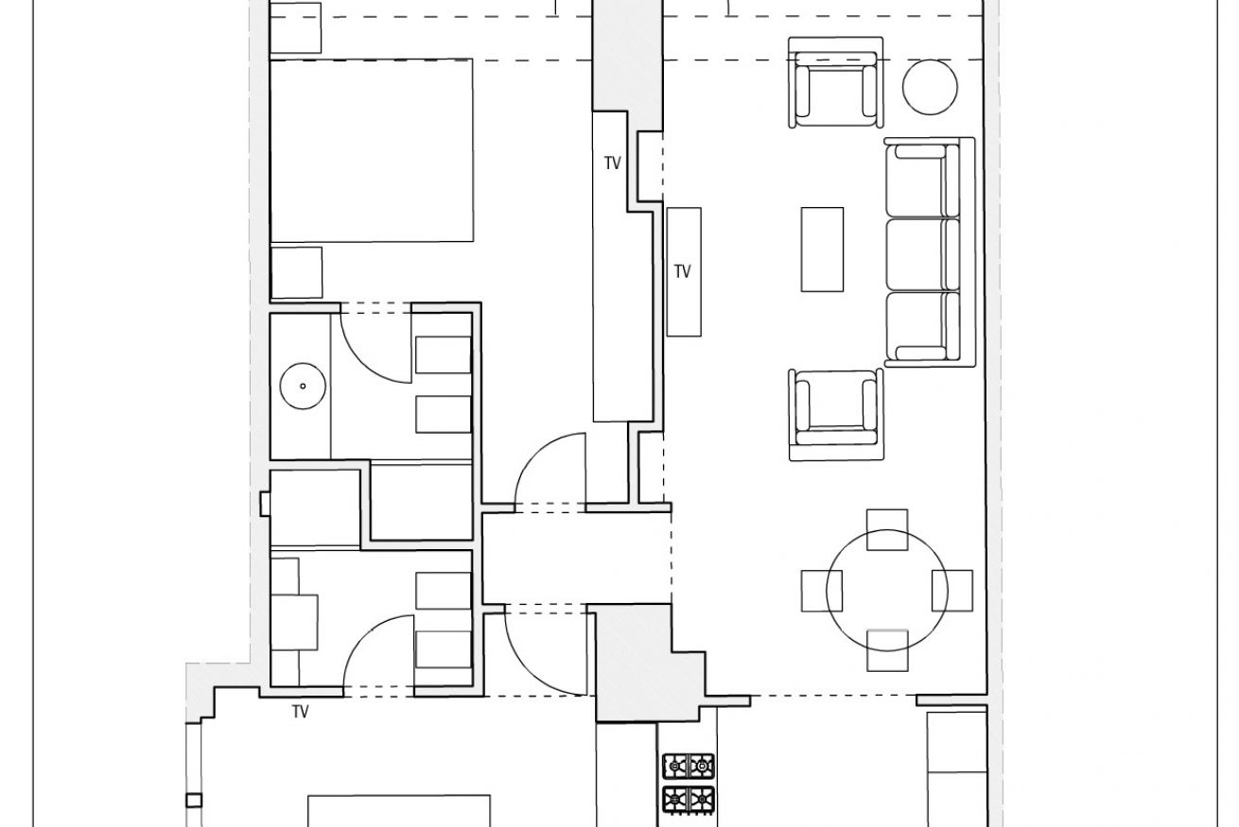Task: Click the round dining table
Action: pyautogui.click(x=886, y=591)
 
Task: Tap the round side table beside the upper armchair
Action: pyautogui.click(x=929, y=87)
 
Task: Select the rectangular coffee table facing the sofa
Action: pyautogui.click(x=822, y=250)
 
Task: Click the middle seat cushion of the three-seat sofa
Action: pyautogui.click(x=922, y=255)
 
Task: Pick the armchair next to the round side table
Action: pyautogui.click(x=835, y=83)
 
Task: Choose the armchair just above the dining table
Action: pyautogui.click(x=836, y=415)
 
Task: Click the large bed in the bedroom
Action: pyautogui.click(x=372, y=150)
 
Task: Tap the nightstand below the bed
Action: pyautogui.click(x=296, y=272)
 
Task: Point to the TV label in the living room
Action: pyautogui.click(x=682, y=271)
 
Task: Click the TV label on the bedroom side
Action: pyautogui.click(x=612, y=164)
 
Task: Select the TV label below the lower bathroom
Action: pyautogui.click(x=301, y=712)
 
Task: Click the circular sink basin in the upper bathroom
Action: pyautogui.click(x=303, y=386)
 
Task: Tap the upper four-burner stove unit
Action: pyautogui.click(x=689, y=767)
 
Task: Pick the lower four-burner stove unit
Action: pyautogui.click(x=689, y=800)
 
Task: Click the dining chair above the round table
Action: pyautogui.click(x=887, y=529)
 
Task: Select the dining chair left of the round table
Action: pyautogui.click(x=821, y=591)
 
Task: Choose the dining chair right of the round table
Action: pyautogui.click(x=952, y=591)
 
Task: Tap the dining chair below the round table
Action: pyautogui.click(x=887, y=650)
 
